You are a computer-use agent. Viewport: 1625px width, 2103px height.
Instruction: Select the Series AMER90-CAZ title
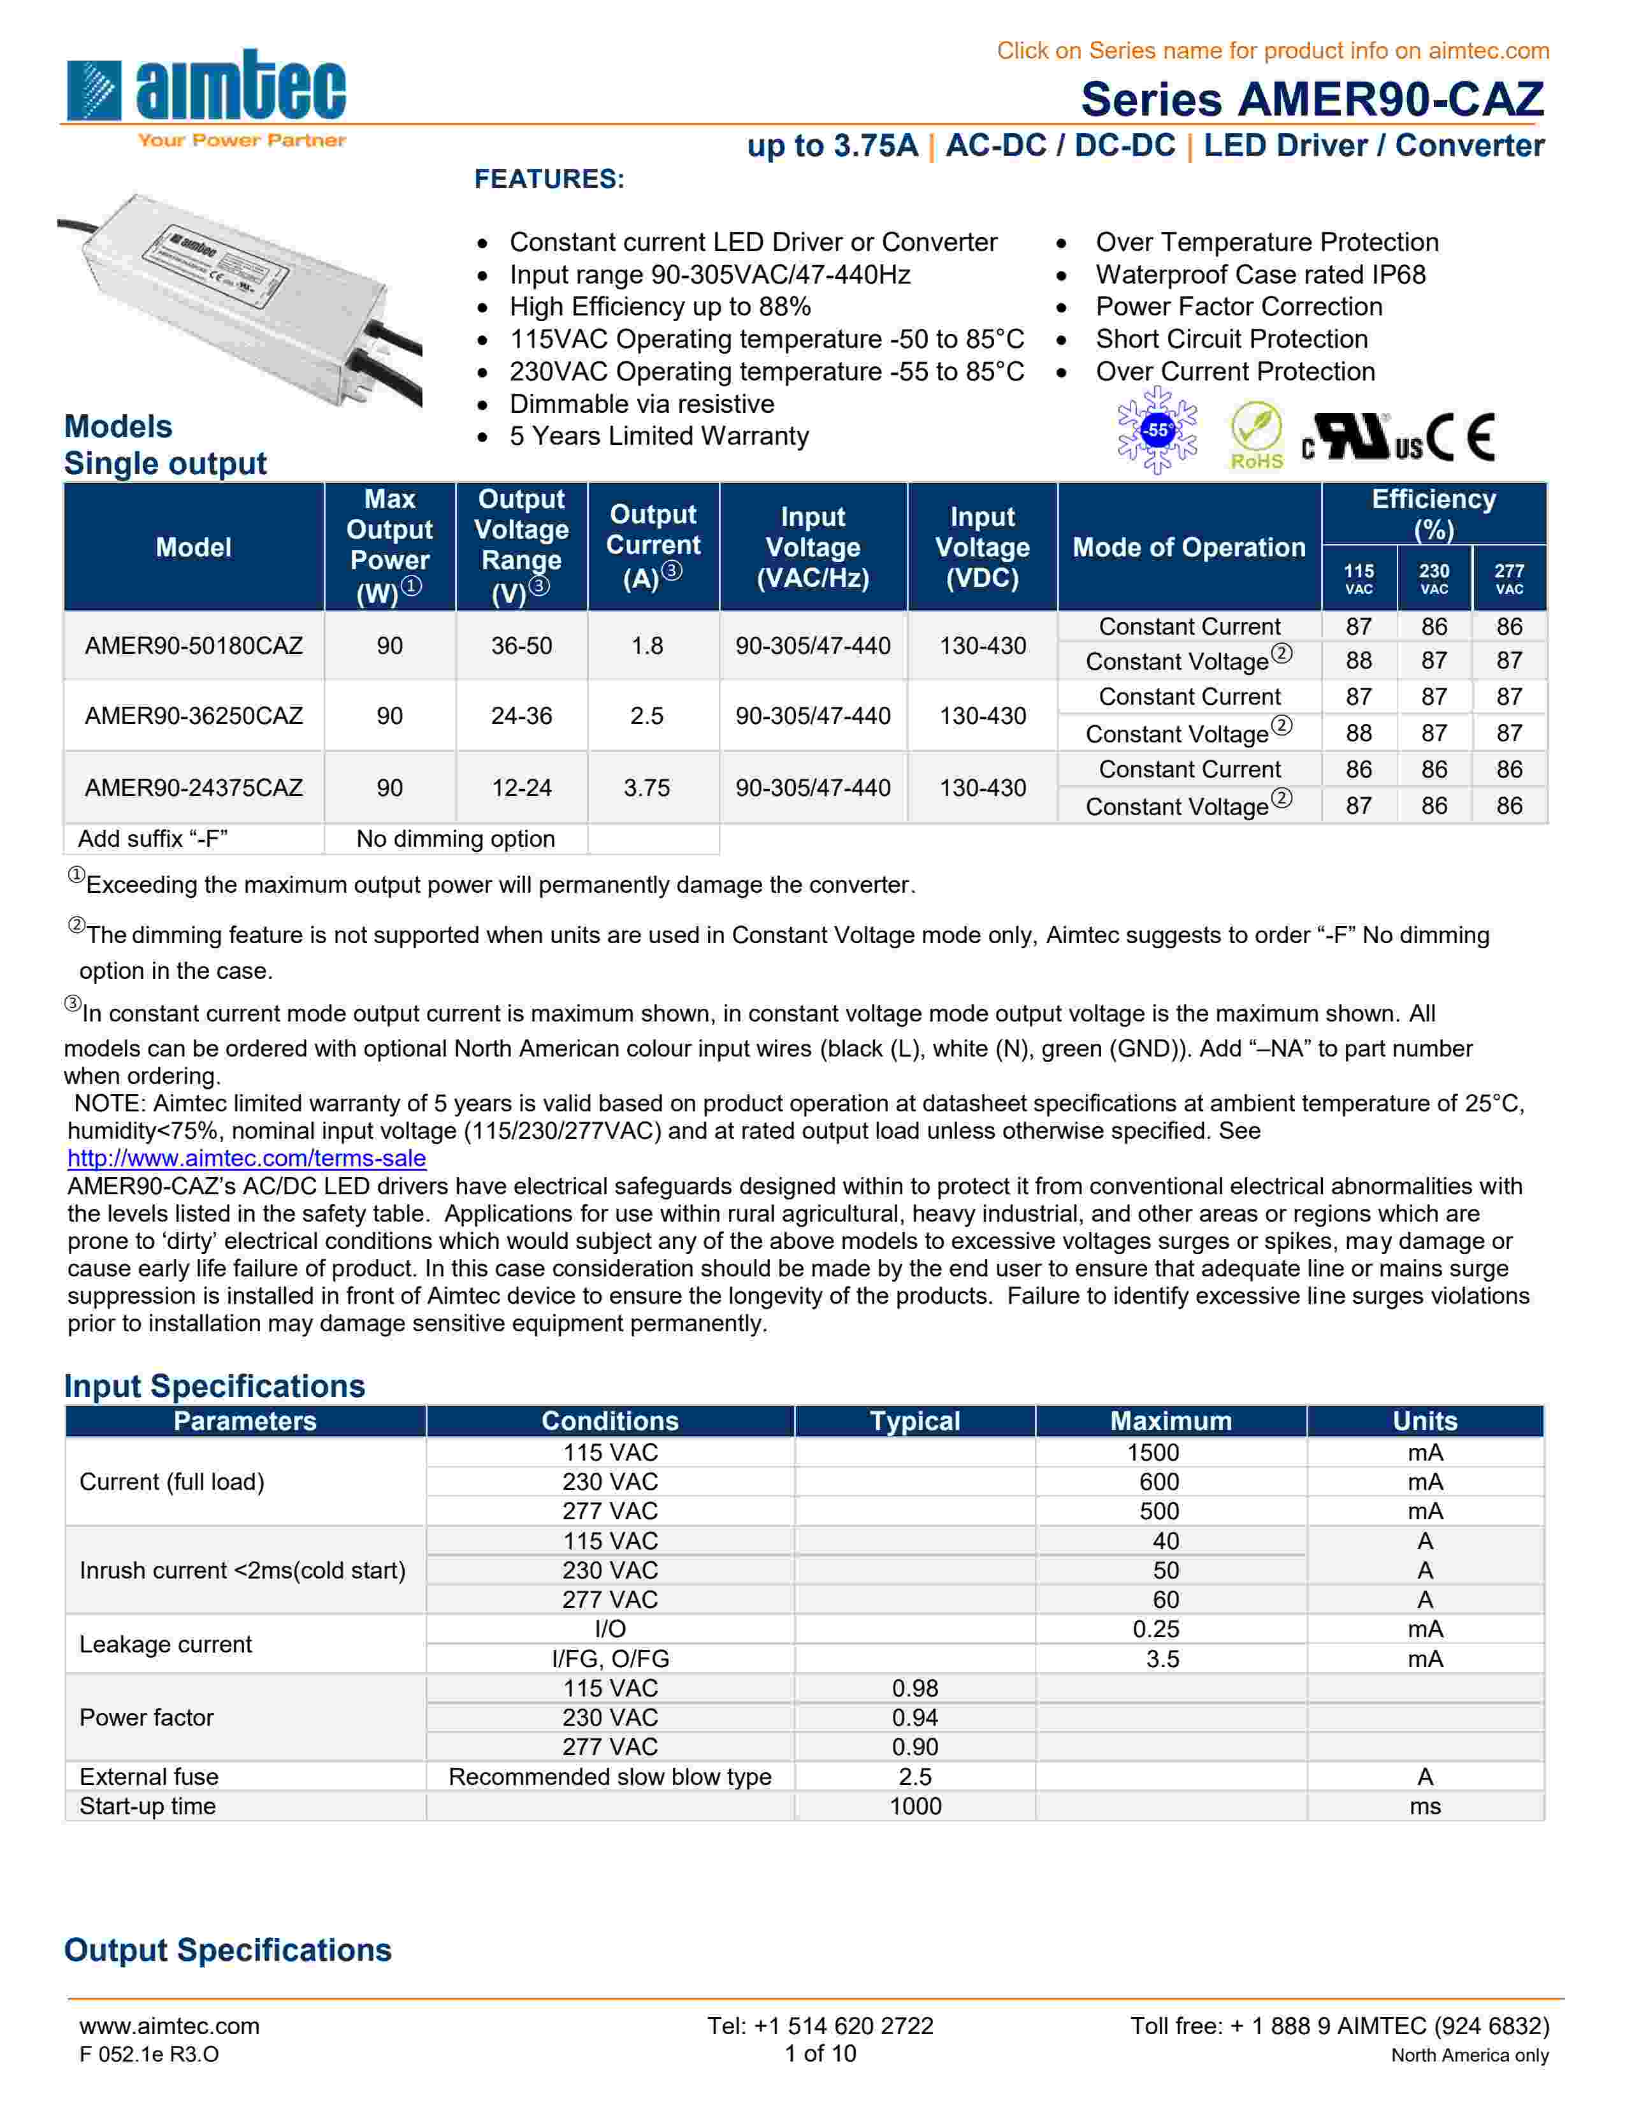click(x=1311, y=99)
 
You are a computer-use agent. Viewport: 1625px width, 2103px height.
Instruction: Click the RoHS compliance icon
click(x=1255, y=435)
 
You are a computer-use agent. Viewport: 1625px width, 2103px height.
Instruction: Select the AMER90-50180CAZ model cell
click(x=194, y=645)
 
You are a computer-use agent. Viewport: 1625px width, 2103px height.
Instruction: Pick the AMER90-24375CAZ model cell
click(x=194, y=788)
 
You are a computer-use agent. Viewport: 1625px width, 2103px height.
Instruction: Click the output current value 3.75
click(x=646, y=788)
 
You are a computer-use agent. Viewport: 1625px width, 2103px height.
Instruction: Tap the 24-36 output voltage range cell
click(x=521, y=716)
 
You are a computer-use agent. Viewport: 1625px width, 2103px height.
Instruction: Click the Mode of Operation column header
click(x=1189, y=547)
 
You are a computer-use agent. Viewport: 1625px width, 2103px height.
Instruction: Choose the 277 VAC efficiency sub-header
click(x=1508, y=579)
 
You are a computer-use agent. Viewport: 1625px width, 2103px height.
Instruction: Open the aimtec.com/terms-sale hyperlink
click(x=247, y=1159)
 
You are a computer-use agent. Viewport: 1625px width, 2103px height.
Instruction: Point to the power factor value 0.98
click(x=914, y=1688)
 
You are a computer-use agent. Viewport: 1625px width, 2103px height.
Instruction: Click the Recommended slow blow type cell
click(x=609, y=1777)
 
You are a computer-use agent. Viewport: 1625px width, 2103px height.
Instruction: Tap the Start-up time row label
click(x=147, y=1807)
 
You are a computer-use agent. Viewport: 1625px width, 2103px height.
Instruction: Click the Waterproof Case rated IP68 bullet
click(x=1260, y=275)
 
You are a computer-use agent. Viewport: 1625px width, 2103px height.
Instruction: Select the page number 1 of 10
click(x=820, y=2054)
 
